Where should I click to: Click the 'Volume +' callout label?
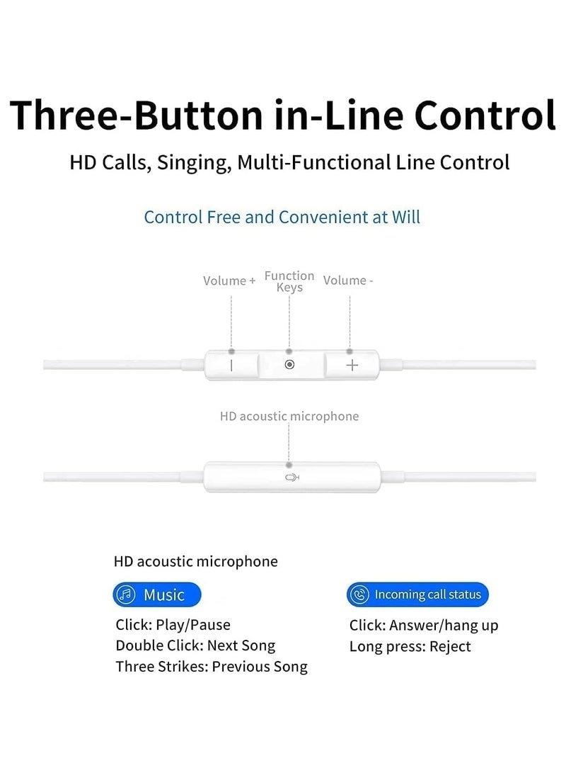click(229, 281)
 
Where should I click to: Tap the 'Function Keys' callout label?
click(289, 281)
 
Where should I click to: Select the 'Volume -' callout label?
click(348, 281)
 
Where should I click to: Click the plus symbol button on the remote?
click(352, 366)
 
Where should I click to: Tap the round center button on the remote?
click(289, 365)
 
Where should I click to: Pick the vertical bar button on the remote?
click(231, 366)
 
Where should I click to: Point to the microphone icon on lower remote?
click(292, 478)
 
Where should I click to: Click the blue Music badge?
click(157, 594)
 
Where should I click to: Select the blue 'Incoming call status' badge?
click(417, 594)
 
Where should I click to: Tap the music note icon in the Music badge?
click(126, 594)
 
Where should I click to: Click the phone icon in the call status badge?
click(360, 594)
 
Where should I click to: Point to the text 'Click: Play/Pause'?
click(173, 625)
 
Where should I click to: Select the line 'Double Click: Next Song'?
click(195, 645)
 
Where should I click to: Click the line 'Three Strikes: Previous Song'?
click(212, 667)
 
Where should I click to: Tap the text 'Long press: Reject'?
click(410, 647)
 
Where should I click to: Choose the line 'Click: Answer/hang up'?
click(424, 626)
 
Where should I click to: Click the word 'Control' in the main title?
click(485, 115)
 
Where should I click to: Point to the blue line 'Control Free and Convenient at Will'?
click(282, 217)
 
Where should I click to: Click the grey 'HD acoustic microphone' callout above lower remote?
click(289, 417)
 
